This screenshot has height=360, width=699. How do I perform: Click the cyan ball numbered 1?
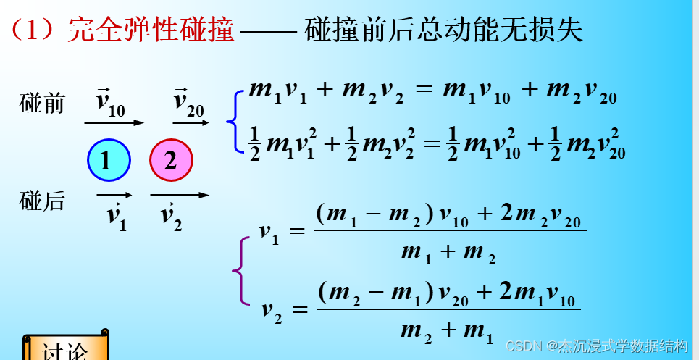point(108,160)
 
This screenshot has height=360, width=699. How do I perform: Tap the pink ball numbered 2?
point(171,160)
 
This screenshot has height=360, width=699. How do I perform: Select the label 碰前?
point(41,104)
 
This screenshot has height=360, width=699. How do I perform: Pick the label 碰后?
point(41,202)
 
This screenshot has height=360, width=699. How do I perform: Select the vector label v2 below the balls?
point(171,215)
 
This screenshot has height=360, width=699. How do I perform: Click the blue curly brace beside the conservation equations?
point(232,121)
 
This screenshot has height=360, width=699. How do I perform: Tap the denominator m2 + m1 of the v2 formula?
point(446,330)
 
